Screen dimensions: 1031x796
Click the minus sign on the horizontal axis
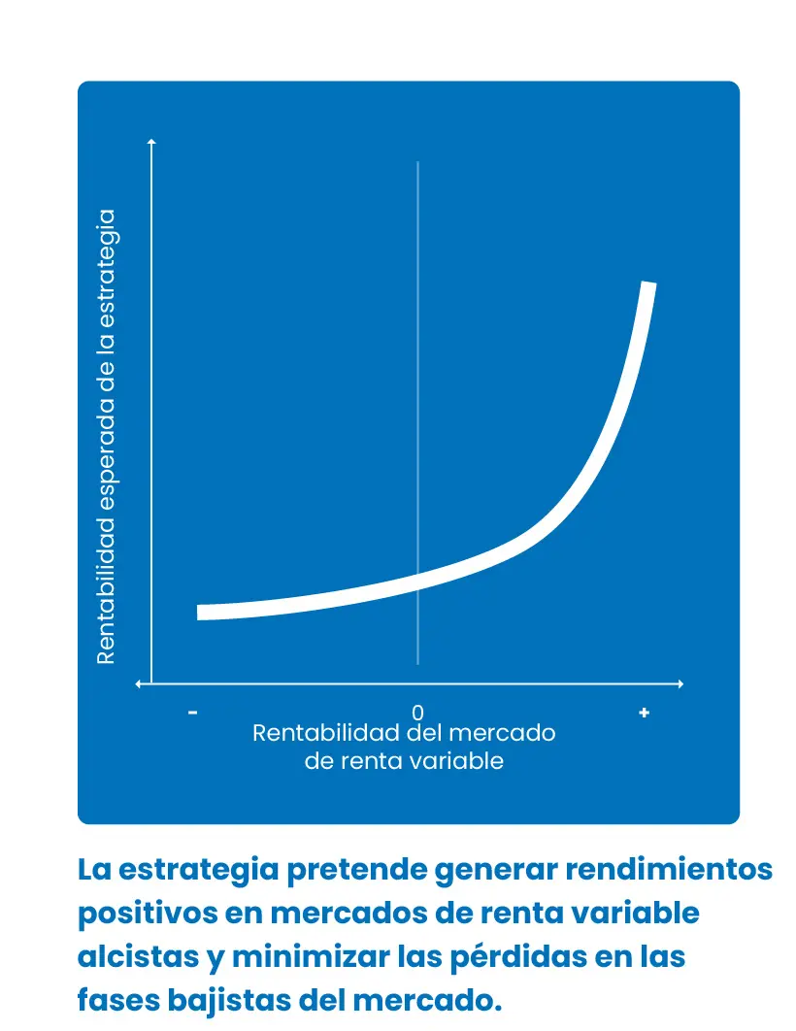193,713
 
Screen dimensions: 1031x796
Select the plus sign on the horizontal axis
644,713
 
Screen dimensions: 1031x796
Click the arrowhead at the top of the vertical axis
151,144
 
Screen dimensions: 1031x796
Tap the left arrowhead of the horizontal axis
141,684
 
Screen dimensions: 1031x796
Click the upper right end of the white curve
648,285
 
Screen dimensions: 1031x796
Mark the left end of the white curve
201,612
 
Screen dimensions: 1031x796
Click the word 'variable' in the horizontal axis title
462,761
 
